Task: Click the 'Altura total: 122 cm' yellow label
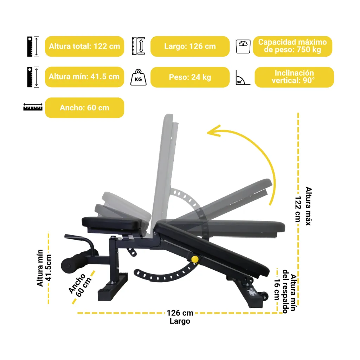84,46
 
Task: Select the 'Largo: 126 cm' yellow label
190,46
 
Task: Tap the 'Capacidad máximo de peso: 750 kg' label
292,46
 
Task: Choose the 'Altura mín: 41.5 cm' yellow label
84,77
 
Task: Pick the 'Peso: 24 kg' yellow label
190,77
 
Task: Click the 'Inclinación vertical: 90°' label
294,77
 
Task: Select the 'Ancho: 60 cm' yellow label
84,108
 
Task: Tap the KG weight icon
138,77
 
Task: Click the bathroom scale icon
243,46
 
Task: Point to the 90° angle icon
243,78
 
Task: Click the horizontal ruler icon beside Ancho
33,107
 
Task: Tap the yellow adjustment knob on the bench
195,259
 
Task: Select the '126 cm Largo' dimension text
180,317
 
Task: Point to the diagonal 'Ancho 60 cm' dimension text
80,285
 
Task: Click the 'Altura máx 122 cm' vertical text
303,206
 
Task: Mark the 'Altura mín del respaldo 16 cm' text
285,291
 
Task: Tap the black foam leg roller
74,263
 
